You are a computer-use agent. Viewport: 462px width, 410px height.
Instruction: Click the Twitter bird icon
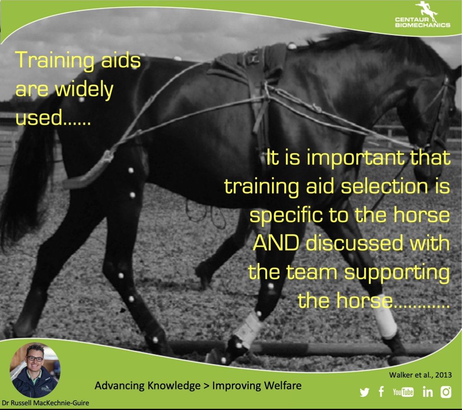pos(364,392)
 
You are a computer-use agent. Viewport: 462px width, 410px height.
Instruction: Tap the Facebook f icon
pos(381,392)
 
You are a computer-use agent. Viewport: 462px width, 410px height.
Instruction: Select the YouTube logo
pos(403,392)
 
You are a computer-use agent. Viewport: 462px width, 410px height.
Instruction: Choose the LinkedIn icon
pos(428,392)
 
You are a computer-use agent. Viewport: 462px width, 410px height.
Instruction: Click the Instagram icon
pos(446,392)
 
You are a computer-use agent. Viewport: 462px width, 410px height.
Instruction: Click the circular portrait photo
pos(35,370)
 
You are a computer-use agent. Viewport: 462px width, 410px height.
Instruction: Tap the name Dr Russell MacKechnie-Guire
pos(45,403)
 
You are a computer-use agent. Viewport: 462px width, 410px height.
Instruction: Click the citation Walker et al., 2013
pos(420,375)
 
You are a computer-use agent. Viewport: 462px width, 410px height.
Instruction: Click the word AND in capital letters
pos(276,243)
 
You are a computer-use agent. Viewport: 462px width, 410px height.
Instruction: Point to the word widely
pos(84,90)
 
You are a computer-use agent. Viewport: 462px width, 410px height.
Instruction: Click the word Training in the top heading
pos(54,61)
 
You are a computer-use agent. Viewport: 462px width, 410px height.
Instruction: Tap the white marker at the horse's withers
pos(292,46)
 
